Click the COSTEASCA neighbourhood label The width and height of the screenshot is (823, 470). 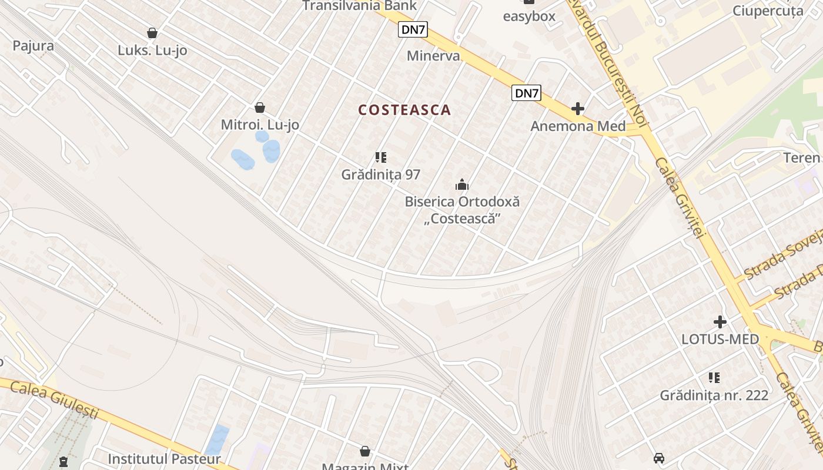click(404, 110)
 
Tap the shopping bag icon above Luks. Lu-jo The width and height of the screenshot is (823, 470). click(152, 33)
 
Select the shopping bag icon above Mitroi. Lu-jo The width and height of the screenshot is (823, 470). click(260, 108)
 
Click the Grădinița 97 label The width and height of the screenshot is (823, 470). click(381, 174)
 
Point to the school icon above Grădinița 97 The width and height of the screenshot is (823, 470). click(381, 157)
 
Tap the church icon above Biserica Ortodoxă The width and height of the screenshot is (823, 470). click(462, 185)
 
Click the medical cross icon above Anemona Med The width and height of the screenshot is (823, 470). click(578, 109)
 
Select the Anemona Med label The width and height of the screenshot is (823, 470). click(578, 126)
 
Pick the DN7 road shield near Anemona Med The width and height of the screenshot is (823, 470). click(526, 93)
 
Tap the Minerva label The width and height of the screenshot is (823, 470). click(433, 56)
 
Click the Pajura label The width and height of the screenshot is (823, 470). click(33, 46)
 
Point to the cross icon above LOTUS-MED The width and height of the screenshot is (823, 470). click(720, 322)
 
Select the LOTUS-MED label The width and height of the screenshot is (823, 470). click(720, 339)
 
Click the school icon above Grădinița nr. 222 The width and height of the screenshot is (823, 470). click(714, 378)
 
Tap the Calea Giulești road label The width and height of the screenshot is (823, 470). click(54, 399)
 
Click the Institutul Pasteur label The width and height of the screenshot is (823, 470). click(165, 459)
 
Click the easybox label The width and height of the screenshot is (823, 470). click(529, 16)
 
